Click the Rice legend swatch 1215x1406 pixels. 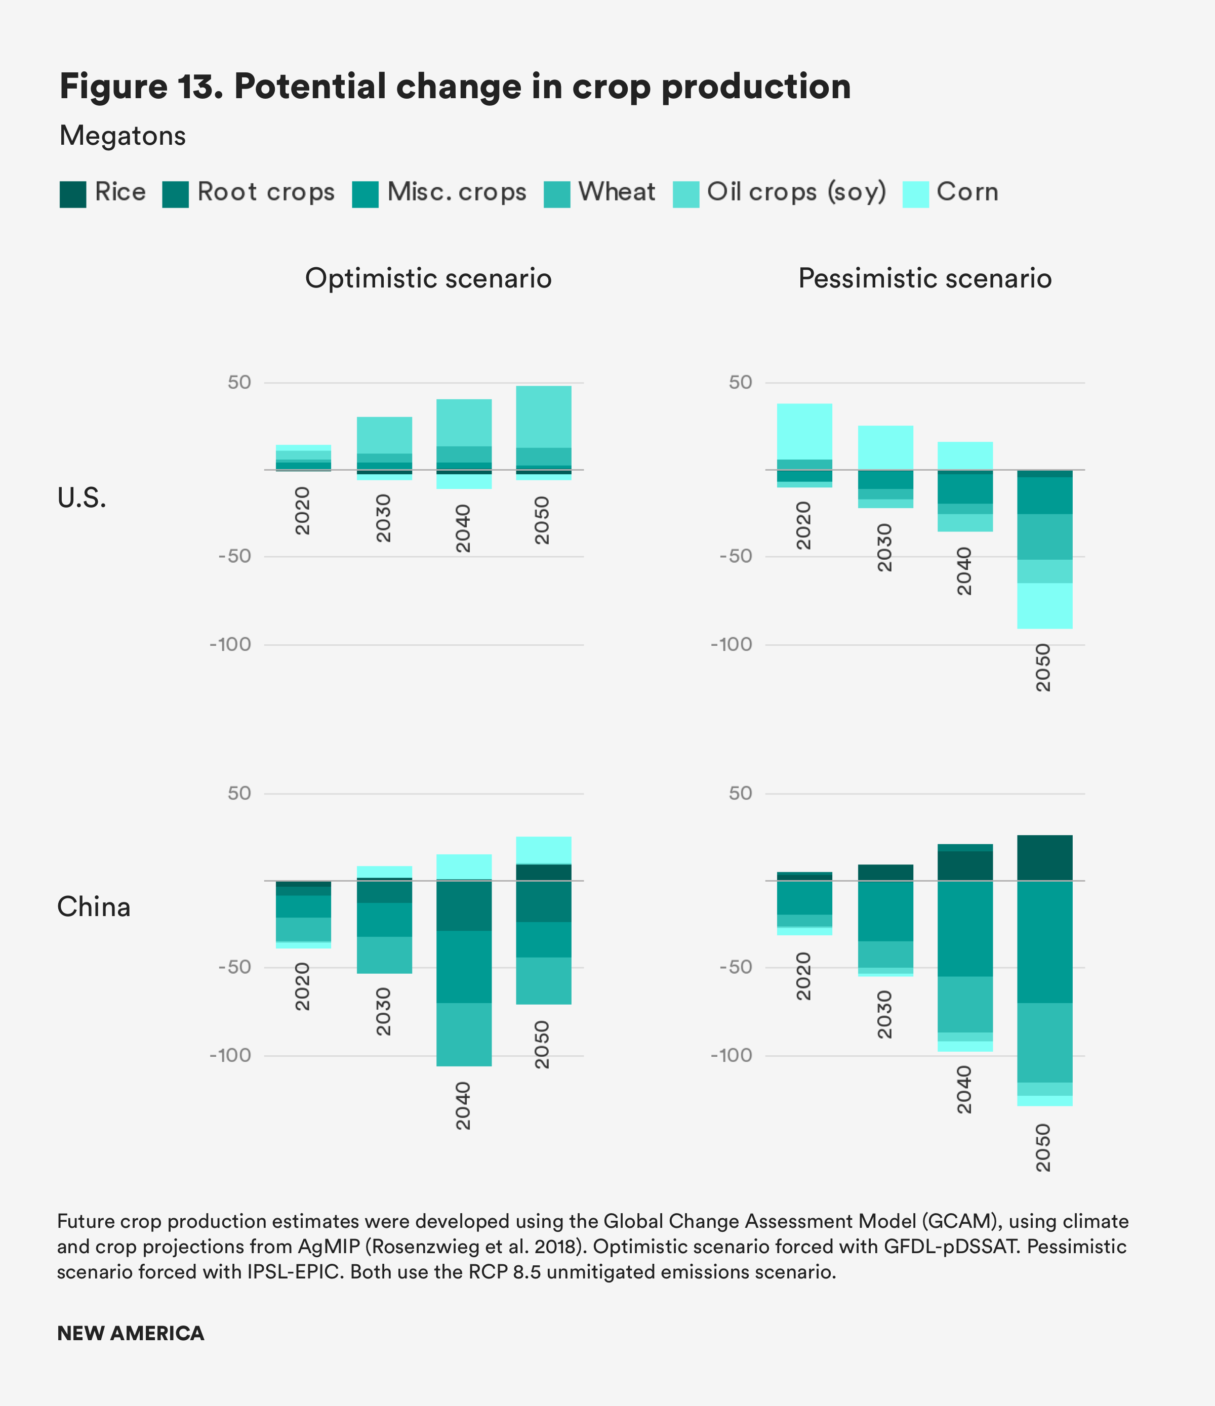[x=72, y=194]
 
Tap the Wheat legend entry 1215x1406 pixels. [x=616, y=192]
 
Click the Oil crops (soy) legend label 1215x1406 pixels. [x=796, y=192]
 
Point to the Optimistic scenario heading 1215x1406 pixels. [x=428, y=278]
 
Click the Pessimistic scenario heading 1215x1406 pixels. [x=924, y=278]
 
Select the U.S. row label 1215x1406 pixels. [x=82, y=498]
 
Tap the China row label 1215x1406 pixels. [x=93, y=906]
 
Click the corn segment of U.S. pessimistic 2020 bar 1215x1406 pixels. [x=804, y=431]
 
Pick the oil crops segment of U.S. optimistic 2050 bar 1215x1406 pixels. [x=543, y=416]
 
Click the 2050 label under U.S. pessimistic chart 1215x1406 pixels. [x=1043, y=668]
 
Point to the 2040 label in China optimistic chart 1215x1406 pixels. [x=463, y=1105]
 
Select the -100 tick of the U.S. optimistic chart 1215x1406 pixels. [x=231, y=645]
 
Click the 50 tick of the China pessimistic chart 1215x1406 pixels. [x=741, y=793]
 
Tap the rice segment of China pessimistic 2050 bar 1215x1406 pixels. [x=1044, y=858]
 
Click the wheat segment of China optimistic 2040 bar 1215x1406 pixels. [x=464, y=1034]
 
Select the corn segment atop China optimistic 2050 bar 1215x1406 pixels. [x=543, y=850]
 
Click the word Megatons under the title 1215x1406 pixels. [x=122, y=136]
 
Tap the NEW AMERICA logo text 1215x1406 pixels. [x=130, y=1334]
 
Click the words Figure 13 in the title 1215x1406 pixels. [x=141, y=86]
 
